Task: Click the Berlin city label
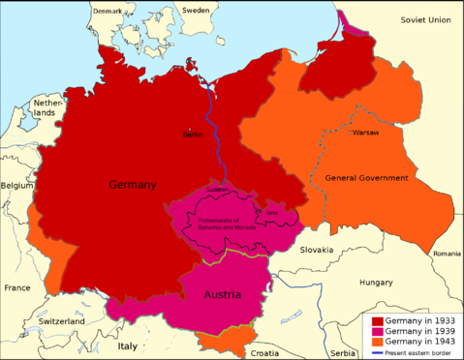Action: click(193, 135)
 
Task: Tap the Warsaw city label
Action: click(366, 132)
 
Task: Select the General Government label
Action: click(366, 178)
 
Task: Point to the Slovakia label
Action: click(317, 249)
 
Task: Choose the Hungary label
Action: click(375, 283)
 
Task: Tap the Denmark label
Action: click(108, 10)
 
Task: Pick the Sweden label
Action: click(196, 10)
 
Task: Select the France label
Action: click(16, 287)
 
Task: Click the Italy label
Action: click(128, 345)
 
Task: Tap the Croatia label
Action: click(265, 352)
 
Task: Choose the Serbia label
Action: click(342, 352)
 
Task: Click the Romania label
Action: click(448, 253)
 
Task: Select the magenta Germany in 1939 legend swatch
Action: click(378, 331)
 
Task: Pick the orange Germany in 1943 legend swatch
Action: click(378, 342)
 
